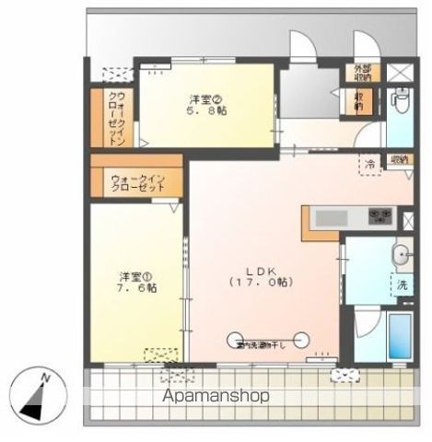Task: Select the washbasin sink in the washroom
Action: click(x=401, y=255)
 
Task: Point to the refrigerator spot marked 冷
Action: click(x=369, y=165)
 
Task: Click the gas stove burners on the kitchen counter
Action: click(x=379, y=217)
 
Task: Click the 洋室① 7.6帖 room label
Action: click(x=135, y=280)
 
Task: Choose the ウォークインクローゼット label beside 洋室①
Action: click(x=137, y=180)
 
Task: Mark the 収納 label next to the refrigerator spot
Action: click(x=398, y=159)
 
